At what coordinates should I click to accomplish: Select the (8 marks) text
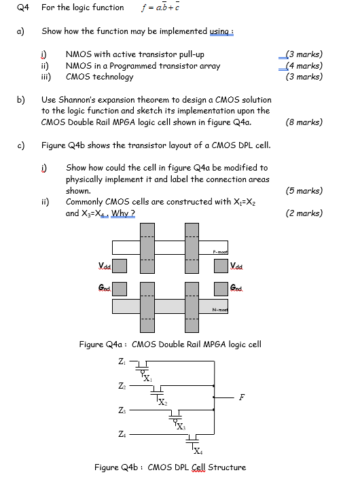point(304,122)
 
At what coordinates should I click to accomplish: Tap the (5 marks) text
point(304,191)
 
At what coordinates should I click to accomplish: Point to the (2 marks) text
point(304,213)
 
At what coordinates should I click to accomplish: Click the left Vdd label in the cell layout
point(103,265)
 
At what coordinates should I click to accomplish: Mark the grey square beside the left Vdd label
point(120,265)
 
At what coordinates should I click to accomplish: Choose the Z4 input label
point(122,433)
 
